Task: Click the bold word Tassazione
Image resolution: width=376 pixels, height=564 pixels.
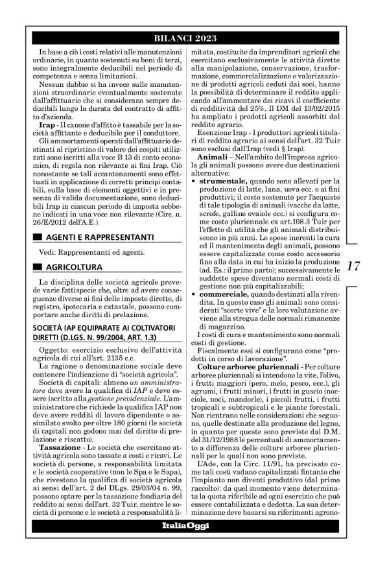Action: click(x=60, y=394)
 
